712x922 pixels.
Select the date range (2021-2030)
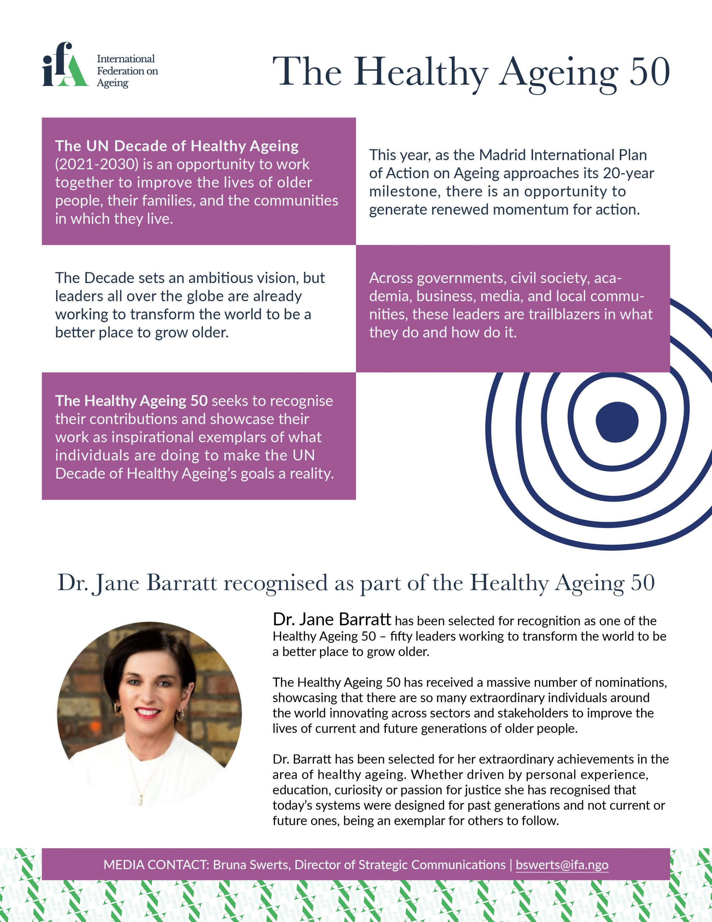click(x=97, y=164)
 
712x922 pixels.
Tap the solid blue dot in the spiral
click(x=617, y=422)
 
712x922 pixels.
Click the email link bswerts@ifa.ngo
click(x=562, y=865)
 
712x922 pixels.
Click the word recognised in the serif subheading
click(x=276, y=583)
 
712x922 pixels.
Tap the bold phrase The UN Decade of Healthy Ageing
click(x=177, y=146)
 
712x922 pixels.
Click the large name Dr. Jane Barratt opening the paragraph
click(x=332, y=619)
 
